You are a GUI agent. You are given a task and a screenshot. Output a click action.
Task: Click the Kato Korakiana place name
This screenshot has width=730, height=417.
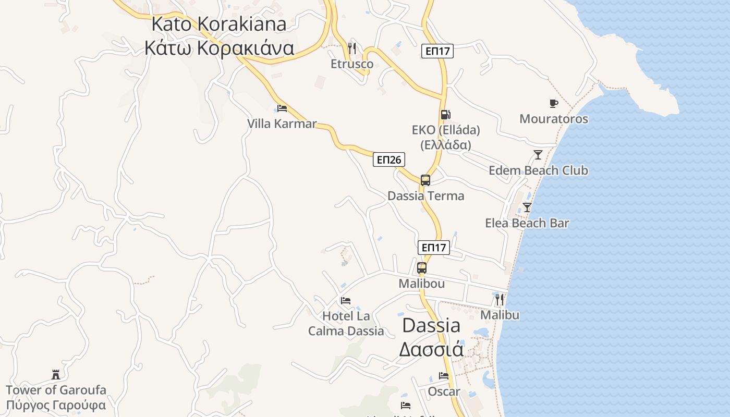(219, 24)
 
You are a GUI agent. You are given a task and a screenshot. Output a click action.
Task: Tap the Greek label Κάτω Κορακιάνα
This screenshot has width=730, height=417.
(219, 48)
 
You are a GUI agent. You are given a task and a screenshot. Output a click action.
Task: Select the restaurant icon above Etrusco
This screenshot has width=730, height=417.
(352, 48)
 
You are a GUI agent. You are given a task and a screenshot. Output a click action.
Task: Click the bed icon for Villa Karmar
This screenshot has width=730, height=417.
(282, 108)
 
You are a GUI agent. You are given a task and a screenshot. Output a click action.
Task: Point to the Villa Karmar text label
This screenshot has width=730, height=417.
(282, 124)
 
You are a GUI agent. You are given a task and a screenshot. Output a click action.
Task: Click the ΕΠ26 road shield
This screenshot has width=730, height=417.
(389, 160)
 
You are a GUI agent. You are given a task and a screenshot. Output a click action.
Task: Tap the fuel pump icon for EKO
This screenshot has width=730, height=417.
(445, 115)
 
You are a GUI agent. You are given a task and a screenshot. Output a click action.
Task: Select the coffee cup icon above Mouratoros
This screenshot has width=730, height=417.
(554, 103)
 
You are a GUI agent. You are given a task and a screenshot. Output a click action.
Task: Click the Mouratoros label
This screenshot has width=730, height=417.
(554, 119)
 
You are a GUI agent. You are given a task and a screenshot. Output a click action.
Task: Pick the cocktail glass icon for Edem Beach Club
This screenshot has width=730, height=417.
(538, 155)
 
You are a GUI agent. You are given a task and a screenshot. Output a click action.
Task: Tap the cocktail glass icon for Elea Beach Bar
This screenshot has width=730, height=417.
(527, 207)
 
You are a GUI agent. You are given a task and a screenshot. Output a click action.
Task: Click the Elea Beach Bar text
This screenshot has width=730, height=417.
(527, 223)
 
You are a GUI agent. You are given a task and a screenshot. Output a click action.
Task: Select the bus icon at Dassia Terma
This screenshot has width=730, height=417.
(425, 180)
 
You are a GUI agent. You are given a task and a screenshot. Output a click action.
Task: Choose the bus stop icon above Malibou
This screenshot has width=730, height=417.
(422, 268)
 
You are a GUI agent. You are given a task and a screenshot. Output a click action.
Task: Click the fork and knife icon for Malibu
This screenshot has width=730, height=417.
(500, 299)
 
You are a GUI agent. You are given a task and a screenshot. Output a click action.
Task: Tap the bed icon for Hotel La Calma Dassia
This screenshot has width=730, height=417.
(346, 301)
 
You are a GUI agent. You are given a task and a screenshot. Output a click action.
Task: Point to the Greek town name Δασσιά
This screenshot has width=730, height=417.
(431, 349)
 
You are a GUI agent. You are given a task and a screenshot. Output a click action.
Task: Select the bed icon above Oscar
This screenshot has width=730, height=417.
(444, 375)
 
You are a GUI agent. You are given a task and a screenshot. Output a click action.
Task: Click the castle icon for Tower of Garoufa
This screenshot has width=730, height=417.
(56, 374)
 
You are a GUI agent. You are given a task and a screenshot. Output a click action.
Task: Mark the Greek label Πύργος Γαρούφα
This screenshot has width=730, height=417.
(56, 405)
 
